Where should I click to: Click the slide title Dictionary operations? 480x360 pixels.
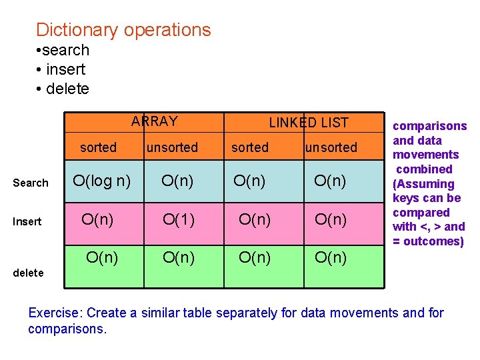pos(123,30)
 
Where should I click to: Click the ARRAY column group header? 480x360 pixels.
pos(155,121)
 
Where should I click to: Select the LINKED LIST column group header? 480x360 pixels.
pos(308,122)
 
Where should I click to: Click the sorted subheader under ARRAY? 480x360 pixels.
pos(98,147)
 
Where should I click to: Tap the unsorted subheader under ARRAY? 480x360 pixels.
pos(172,147)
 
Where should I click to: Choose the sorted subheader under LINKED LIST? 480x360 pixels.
pos(250,147)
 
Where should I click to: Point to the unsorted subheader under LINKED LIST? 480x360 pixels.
pos(331,147)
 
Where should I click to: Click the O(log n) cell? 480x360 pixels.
pos(101,180)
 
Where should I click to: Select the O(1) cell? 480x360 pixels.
pos(179,219)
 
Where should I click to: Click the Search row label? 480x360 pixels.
pos(31,183)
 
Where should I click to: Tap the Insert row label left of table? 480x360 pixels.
pos(27,221)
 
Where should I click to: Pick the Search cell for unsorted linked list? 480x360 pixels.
pos(330,180)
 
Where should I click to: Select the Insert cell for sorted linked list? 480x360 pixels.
pos(255,219)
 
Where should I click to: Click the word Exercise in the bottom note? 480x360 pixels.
pos(55,313)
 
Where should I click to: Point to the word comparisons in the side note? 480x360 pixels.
pos(429,126)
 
